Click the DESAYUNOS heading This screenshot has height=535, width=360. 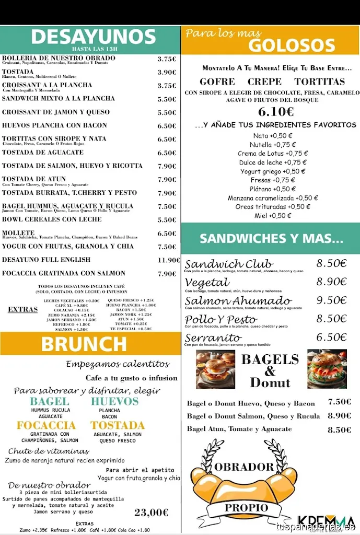pos(93,37)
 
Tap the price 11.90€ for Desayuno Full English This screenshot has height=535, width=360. pos(169,260)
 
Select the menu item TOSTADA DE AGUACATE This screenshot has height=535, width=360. pos(43,153)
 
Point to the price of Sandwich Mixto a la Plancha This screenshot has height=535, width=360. pos(167,99)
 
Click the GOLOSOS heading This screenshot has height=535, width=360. pos(291,46)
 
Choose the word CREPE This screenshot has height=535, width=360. pos(264,82)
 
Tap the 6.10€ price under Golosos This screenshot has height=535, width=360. pos(276,112)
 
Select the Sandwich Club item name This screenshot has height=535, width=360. pos(229,264)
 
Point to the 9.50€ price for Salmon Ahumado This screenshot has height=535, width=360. pos(331,300)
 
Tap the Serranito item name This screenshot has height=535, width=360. pos(213,338)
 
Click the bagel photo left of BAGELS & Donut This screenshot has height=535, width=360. pos(215,369)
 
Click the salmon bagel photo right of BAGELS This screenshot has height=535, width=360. pos(327,369)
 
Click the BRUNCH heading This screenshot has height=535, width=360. pos(84,344)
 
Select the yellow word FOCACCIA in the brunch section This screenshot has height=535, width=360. pos(46,425)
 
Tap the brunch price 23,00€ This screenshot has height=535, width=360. pos(152,513)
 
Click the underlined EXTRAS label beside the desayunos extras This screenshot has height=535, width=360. pos(22,309)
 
